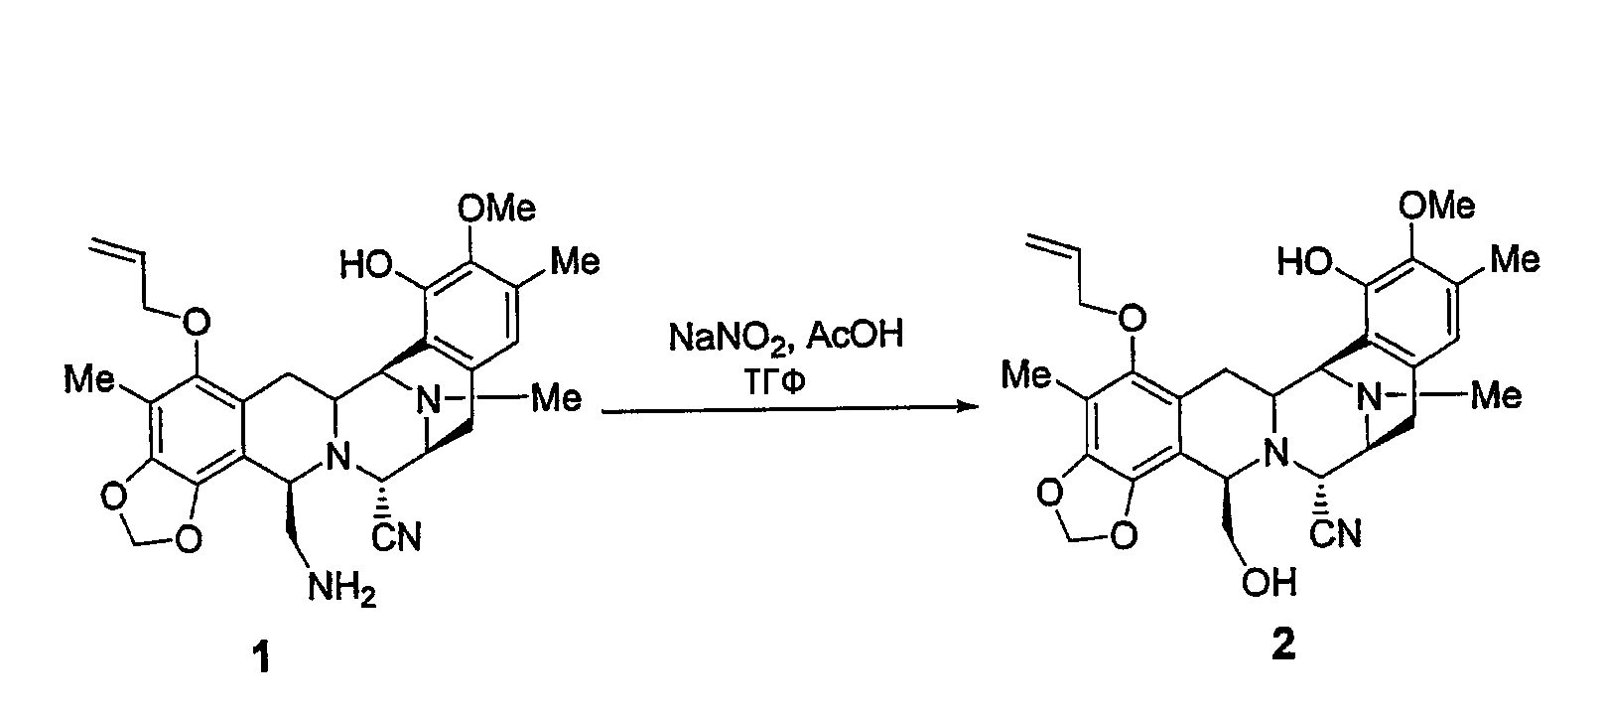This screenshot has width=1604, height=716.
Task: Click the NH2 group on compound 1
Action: click(341, 590)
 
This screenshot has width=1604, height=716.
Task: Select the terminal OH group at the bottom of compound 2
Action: click(1270, 582)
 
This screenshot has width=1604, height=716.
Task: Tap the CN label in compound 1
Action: click(397, 537)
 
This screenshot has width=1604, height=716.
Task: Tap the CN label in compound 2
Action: click(1336, 534)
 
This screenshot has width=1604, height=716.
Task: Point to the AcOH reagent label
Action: click(856, 334)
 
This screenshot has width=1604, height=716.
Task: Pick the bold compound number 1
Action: click(263, 657)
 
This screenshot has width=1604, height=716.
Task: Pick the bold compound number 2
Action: click(1282, 644)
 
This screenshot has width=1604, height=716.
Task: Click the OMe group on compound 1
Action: click(496, 209)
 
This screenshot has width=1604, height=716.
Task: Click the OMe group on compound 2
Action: click(1436, 206)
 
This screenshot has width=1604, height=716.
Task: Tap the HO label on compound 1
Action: click(366, 265)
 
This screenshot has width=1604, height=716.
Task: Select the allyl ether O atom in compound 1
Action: click(197, 323)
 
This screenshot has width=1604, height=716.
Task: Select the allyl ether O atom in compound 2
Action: click(1133, 318)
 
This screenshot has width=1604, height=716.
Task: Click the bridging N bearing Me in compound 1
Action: click(428, 400)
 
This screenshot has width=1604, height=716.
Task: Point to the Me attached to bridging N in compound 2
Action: click(1496, 395)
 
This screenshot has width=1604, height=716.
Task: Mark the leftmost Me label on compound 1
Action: click(88, 377)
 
